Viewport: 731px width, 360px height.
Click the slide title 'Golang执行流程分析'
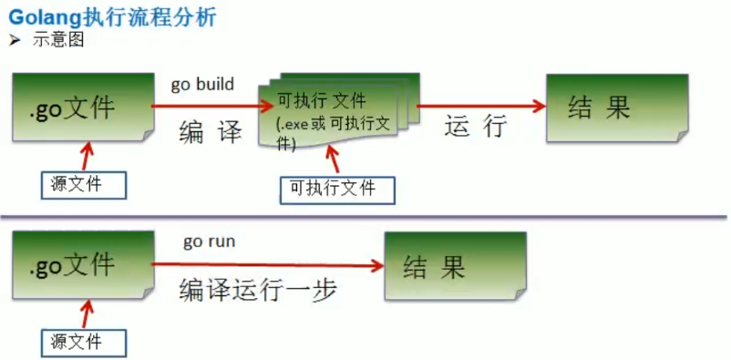coord(112,17)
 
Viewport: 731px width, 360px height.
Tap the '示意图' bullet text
coord(58,41)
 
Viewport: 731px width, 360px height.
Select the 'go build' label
coord(202,85)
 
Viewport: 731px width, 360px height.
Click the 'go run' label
coord(210,242)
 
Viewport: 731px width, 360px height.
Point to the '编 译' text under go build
coord(211,133)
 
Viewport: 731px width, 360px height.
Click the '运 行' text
coord(476,127)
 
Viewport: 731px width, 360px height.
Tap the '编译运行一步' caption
coord(258,291)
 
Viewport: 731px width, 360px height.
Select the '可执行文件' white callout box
coord(337,190)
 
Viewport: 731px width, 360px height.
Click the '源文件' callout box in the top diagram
coord(84,185)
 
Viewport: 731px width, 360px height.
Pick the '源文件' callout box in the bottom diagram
coord(84,344)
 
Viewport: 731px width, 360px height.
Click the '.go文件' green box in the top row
coord(83,107)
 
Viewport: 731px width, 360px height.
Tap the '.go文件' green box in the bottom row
coord(83,265)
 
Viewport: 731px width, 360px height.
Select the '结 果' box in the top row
coord(617,108)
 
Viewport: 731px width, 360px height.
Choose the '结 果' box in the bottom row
coord(455,266)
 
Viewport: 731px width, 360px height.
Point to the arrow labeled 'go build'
coord(212,107)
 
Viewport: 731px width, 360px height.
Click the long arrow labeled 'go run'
coord(268,265)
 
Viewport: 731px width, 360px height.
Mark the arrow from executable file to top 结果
coord(481,107)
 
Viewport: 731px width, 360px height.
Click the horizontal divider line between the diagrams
coord(364,216)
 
